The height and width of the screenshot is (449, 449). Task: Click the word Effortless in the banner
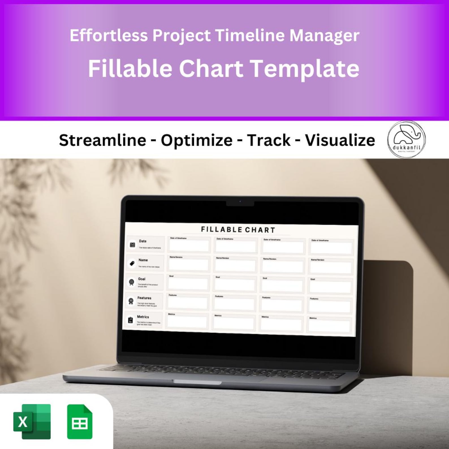(109, 36)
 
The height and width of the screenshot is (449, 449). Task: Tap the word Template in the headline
(305, 68)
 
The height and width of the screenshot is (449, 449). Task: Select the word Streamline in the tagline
(102, 140)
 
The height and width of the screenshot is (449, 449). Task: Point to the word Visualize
(340, 140)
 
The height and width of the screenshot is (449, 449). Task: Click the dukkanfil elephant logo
(406, 139)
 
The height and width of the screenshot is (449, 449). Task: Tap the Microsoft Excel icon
(32, 422)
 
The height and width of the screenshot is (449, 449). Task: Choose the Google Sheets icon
(79, 422)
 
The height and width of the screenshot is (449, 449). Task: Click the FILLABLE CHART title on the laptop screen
(238, 230)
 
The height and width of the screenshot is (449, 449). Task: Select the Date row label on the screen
(143, 241)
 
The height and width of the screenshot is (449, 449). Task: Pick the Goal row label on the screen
(141, 279)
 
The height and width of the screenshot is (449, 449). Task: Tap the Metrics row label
(143, 317)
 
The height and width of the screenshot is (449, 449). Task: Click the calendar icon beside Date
(132, 245)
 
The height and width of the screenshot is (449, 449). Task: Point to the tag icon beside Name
(132, 264)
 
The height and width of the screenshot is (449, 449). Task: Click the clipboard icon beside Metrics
(130, 320)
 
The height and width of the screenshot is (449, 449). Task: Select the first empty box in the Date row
(189, 246)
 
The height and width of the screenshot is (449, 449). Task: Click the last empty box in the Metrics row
(329, 326)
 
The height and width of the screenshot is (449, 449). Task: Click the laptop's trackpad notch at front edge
(197, 382)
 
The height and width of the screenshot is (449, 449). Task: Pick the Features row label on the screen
(144, 298)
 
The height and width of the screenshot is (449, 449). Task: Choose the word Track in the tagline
(269, 140)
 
